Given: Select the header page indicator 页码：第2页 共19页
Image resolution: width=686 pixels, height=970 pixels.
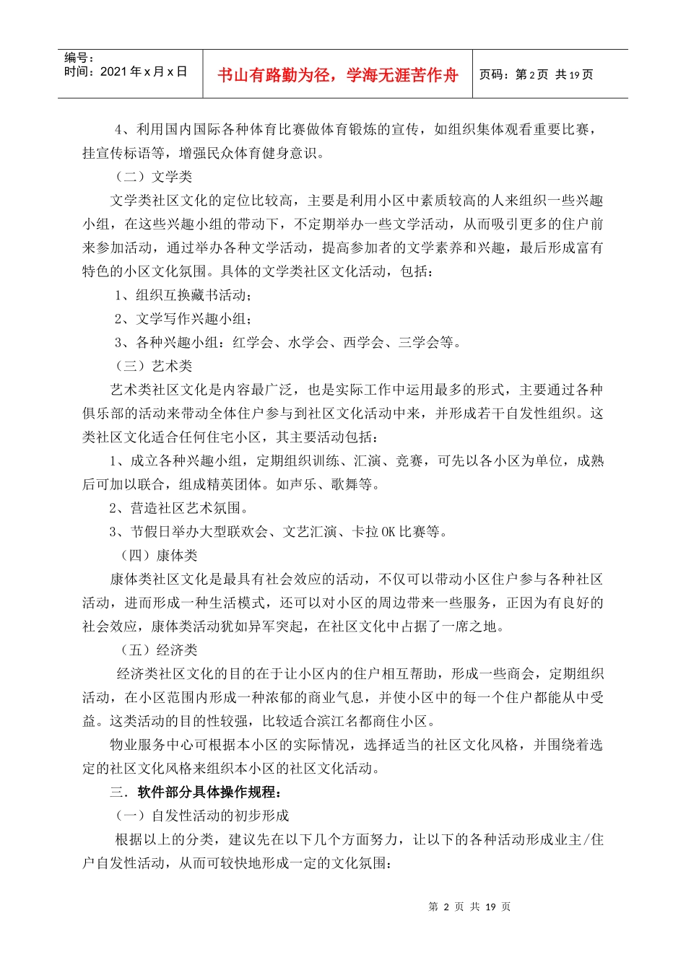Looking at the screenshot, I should point(536,74).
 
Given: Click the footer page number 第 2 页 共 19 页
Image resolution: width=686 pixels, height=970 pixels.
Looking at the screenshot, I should point(469,906).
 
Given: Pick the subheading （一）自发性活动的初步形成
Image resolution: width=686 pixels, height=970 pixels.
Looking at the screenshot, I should point(201,816).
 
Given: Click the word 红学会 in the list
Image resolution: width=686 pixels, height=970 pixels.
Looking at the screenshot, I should point(252,343).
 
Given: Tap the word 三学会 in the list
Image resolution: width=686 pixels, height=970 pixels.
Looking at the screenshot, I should point(418,343).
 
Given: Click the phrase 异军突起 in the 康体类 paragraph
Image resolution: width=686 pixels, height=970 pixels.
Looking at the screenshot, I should point(276,626).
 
